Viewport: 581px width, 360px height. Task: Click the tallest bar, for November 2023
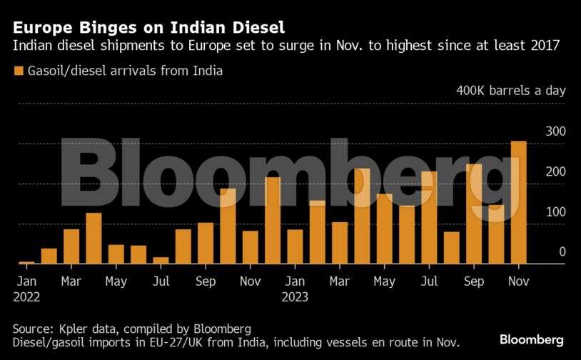coord(519,202)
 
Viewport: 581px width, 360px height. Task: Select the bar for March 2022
coord(71,246)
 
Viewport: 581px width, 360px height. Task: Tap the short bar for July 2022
coord(161,260)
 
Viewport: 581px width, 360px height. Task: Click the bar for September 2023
coord(474,214)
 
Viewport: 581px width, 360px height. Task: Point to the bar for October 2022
coord(228,226)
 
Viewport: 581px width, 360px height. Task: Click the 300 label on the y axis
coord(555,131)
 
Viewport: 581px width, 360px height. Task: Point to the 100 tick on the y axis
coord(555,212)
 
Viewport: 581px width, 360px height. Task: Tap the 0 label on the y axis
coord(562,252)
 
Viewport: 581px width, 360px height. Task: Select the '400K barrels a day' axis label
coord(511,91)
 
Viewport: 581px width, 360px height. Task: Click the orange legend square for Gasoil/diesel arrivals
coord(18,71)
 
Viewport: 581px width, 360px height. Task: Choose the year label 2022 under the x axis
coord(26,296)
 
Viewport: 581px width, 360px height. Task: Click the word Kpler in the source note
coord(74,329)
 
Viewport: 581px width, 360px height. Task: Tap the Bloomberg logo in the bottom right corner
coord(532,339)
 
